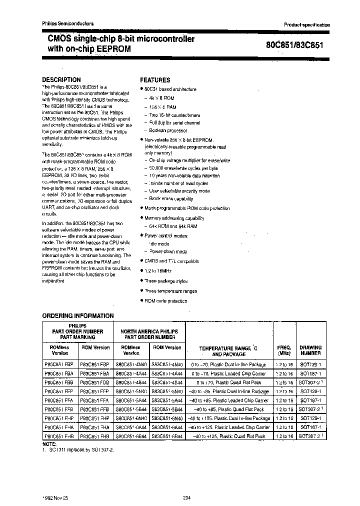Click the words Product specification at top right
(x=307, y=25)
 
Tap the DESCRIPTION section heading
(x=61, y=79)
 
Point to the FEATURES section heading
(x=155, y=80)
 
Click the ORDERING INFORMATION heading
(x=78, y=316)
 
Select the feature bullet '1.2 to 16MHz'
(x=158, y=270)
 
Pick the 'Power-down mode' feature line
(x=168, y=251)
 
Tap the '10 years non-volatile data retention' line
(x=184, y=176)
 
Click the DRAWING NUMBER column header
(x=310, y=350)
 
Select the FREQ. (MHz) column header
(x=284, y=350)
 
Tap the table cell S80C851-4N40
(x=131, y=364)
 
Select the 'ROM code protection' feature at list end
(x=165, y=301)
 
